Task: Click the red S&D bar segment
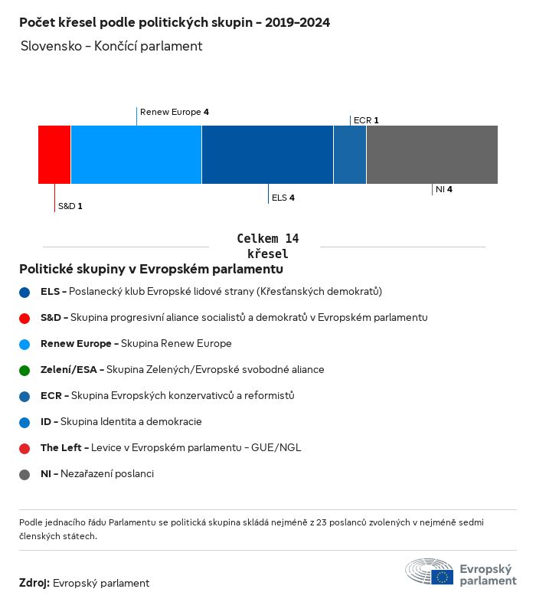pos(54,155)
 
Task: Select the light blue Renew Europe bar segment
pos(136,155)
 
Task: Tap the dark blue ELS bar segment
pos(267,155)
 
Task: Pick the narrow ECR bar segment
pos(350,155)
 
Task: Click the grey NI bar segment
pos(432,155)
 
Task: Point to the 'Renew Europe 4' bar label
pos(175,112)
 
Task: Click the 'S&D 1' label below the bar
pos(70,207)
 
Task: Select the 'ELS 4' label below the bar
pos(283,198)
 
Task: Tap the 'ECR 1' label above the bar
pos(366,120)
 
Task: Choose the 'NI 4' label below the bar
pos(444,188)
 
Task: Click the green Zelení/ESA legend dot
pos(25,370)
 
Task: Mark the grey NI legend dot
pos(25,474)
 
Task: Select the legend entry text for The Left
pos(171,447)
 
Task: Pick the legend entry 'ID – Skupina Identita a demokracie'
pos(121,421)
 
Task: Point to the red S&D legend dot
pos(25,318)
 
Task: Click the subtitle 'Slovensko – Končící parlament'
pos(112,46)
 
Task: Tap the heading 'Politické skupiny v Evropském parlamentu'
pos(151,270)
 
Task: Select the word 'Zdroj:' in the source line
pos(34,583)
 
